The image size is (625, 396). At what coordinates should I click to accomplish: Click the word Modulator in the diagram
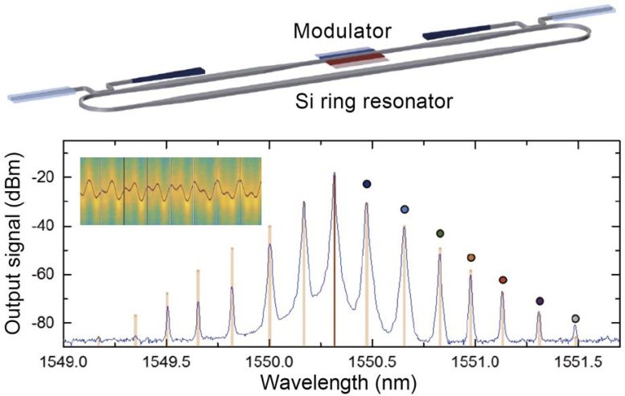[342, 32]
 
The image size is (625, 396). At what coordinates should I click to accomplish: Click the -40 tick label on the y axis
[48, 227]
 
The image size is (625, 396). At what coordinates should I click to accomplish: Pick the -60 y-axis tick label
[48, 275]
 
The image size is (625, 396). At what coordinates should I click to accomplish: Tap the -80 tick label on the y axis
[48, 323]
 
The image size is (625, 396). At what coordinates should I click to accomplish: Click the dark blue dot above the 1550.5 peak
[367, 184]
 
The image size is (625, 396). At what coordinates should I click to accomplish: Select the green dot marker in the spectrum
[440, 233]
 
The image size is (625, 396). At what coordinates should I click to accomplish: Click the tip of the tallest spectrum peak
[334, 174]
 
